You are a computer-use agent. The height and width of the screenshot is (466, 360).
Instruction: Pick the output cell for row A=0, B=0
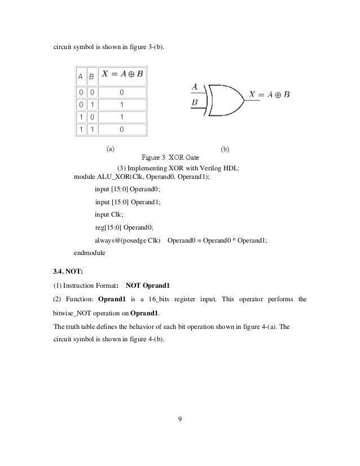122,91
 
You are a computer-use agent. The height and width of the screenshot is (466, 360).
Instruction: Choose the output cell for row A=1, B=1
122,130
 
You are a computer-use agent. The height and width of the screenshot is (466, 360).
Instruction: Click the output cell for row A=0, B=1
122,104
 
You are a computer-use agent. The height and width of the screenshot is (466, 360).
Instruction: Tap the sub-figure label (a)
111,149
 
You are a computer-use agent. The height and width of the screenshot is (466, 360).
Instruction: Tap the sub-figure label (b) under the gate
225,150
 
